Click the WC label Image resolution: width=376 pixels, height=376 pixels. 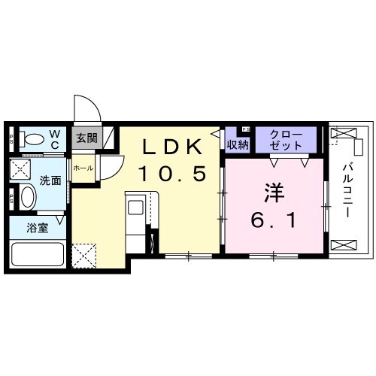[55, 138]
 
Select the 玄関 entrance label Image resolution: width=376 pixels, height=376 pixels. [86, 137]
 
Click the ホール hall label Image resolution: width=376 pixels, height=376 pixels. [83, 168]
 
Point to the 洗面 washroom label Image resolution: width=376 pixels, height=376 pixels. [50, 180]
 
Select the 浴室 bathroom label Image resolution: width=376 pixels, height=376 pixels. [38, 228]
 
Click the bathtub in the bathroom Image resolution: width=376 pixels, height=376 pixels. [38, 253]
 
